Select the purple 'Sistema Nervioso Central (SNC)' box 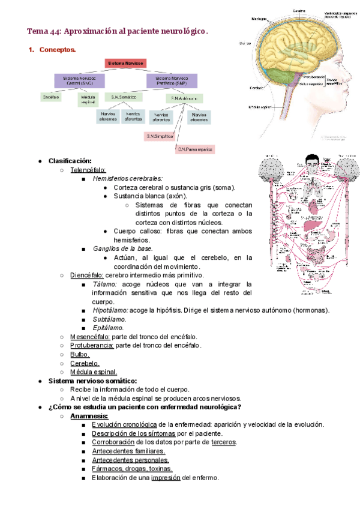(x=79, y=80)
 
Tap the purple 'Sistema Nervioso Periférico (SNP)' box (x=170, y=80)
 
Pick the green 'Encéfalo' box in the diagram (x=50, y=96)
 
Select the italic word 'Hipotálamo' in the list (x=110, y=310)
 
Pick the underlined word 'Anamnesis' (x=89, y=415)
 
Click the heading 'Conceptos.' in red (x=58, y=50)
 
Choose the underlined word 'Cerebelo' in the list (x=85, y=363)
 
